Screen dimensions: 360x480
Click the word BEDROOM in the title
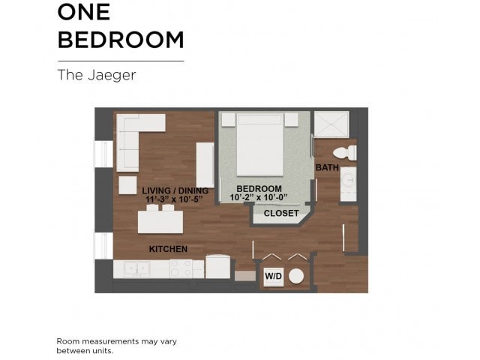[x=121, y=39]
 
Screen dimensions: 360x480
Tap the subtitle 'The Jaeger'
[x=96, y=75]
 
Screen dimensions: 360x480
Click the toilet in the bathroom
[x=344, y=153]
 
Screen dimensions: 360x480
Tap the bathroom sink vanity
[x=349, y=183]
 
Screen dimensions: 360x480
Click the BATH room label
[x=326, y=167]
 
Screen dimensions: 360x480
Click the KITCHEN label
[x=168, y=249]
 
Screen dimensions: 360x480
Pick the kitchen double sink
[x=136, y=268]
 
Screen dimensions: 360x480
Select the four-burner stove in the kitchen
[x=181, y=268]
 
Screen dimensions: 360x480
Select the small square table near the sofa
[x=127, y=185]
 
